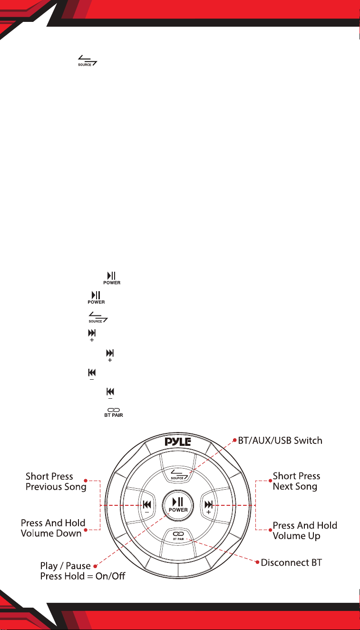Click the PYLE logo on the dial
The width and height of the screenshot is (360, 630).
[177, 442]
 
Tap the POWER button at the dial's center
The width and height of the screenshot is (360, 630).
[178, 505]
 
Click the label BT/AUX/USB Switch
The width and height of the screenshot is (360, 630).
[280, 441]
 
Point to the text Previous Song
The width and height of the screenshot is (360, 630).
[56, 487]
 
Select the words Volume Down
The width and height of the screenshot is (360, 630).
[51, 533]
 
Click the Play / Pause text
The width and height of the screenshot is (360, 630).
[65, 566]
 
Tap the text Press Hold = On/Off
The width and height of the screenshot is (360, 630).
[83, 576]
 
